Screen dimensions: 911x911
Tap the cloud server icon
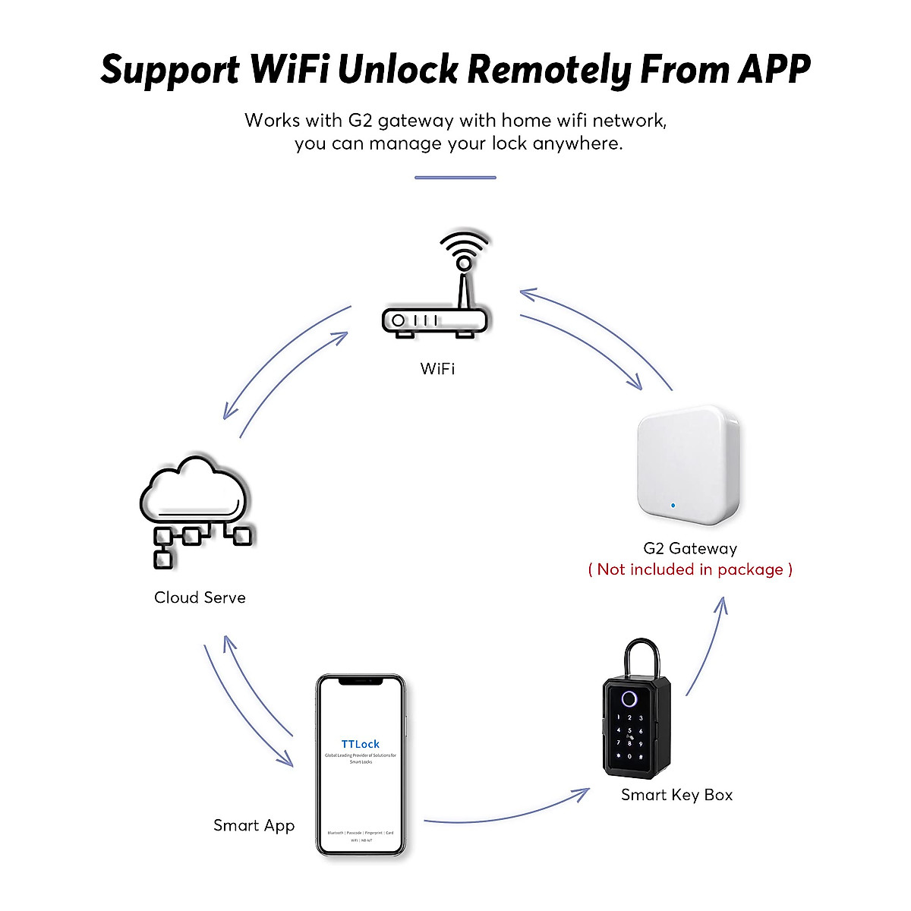click(x=195, y=509)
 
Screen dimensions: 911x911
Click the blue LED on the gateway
click(x=672, y=504)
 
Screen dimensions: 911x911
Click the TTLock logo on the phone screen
click(x=361, y=744)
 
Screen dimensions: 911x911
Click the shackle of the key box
click(x=641, y=657)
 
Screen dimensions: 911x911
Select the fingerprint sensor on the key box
click(x=629, y=699)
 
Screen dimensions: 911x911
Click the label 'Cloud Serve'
click(x=200, y=597)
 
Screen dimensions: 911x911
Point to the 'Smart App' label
click(x=254, y=825)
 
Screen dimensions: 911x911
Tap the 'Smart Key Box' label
click(x=676, y=795)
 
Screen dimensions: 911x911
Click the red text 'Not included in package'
click(x=690, y=569)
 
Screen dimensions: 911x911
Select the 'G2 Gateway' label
click(x=690, y=548)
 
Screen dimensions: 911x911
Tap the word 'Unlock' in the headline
click(x=398, y=69)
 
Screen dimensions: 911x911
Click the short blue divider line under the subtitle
click(x=455, y=178)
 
